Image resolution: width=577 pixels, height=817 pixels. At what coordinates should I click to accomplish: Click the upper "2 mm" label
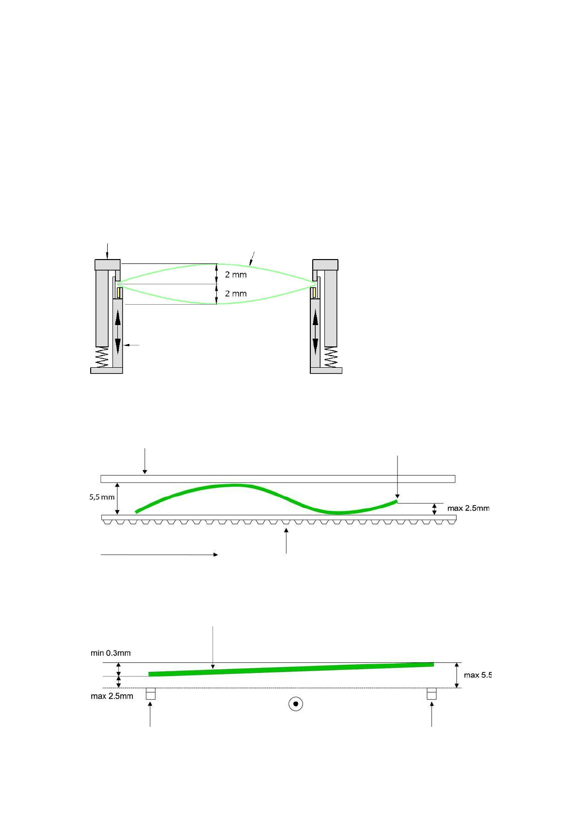coord(236,275)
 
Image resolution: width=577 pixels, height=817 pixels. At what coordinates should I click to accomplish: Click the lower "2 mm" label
coord(236,294)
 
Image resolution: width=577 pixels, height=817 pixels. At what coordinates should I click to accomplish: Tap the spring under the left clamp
coord(102,357)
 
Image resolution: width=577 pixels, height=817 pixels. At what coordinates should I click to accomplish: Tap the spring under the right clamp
coord(331,357)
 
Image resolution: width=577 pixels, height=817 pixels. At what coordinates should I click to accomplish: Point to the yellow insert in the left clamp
coord(118,293)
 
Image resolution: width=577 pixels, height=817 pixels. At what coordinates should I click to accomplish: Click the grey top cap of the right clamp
coord(325,265)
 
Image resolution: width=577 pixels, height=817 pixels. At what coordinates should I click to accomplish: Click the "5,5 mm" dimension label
coord(102,497)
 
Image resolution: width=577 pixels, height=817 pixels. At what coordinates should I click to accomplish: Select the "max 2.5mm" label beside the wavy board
coord(468,508)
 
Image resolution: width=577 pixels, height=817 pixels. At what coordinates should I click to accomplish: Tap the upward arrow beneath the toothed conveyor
coord(286,541)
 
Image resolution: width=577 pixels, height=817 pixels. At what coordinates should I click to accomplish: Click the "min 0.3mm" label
coord(111,653)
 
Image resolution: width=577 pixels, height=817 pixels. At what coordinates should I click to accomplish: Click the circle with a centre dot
coord(296,703)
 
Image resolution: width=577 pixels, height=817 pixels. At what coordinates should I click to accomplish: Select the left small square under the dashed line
coord(150,694)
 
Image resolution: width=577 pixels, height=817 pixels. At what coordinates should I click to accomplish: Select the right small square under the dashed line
coord(432,694)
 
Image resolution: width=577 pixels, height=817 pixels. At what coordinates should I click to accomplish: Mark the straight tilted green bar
coord(291,669)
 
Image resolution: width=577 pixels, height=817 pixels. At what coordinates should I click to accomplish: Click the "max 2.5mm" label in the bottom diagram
coord(112,696)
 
